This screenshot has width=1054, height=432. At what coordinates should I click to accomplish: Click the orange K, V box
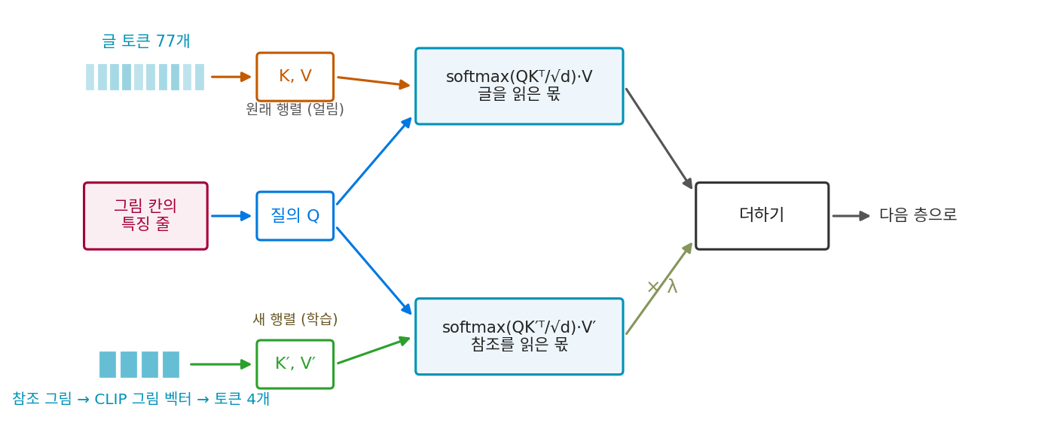(x=295, y=77)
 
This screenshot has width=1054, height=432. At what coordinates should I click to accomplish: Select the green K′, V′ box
(x=295, y=364)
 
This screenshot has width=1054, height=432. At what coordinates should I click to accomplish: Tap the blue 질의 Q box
(x=295, y=216)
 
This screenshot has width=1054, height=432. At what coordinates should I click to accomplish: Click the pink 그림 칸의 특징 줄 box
(x=145, y=216)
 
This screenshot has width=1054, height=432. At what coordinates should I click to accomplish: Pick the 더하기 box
(x=762, y=216)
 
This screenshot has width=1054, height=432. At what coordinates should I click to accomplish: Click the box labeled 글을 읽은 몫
(x=519, y=86)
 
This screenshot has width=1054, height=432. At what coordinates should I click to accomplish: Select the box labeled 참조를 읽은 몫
(x=519, y=336)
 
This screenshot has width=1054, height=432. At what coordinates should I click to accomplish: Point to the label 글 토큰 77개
(x=146, y=41)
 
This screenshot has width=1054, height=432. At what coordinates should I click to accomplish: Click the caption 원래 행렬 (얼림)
(x=295, y=109)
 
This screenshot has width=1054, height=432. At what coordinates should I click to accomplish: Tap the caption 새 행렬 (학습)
(x=295, y=319)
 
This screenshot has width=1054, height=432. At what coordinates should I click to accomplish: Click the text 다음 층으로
(x=918, y=214)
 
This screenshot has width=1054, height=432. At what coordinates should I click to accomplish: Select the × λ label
(x=662, y=286)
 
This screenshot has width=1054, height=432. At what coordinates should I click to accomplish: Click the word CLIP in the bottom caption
(x=111, y=399)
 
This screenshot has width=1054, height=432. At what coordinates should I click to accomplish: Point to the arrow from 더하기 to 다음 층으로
(x=851, y=216)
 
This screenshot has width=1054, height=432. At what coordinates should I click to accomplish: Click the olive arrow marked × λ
(x=659, y=288)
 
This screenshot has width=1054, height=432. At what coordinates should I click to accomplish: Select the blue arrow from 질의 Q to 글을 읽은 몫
(x=374, y=161)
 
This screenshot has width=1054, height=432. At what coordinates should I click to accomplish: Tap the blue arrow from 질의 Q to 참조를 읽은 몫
(x=374, y=271)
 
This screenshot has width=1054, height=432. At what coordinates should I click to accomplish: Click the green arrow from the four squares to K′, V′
(x=221, y=364)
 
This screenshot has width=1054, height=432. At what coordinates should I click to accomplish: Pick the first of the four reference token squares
(x=108, y=364)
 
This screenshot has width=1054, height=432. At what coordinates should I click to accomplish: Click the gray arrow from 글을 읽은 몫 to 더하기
(x=659, y=138)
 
